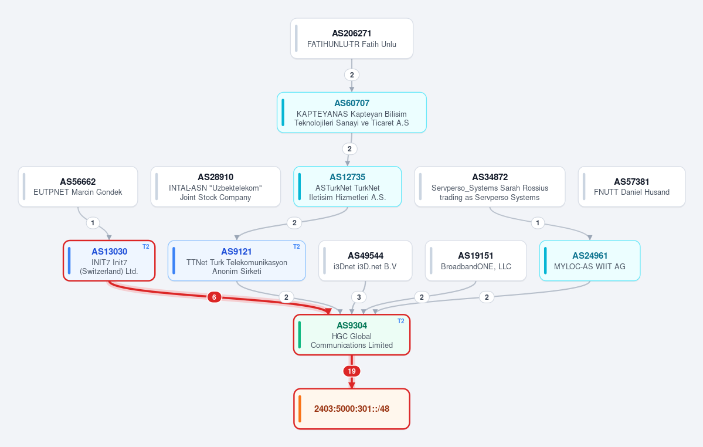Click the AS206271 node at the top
(x=352, y=39)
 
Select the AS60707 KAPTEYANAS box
(x=352, y=113)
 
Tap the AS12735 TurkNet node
(x=348, y=187)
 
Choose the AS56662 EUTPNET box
(x=78, y=187)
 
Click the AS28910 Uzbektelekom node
(x=216, y=187)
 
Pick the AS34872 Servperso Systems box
(x=490, y=187)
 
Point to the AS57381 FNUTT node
(x=631, y=187)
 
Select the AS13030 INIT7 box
(x=110, y=261)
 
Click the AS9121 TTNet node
(x=237, y=261)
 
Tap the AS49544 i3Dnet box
(x=365, y=261)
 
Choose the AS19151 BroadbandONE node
(x=476, y=261)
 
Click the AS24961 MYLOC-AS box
(x=590, y=261)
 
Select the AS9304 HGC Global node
(x=352, y=335)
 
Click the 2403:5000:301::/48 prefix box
(x=352, y=409)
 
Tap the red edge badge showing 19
(x=352, y=371)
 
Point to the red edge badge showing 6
(x=215, y=297)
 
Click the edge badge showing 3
(x=359, y=297)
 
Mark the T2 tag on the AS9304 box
(x=401, y=321)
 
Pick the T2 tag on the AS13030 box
(x=146, y=246)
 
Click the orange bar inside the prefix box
(x=300, y=409)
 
